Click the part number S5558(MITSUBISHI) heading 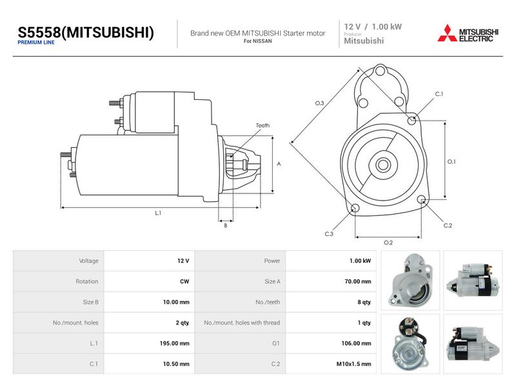coord(86,32)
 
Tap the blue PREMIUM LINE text coord(36,43)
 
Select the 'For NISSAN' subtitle coord(257,41)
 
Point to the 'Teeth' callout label coord(263,125)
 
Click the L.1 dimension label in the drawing coord(158,213)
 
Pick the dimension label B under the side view coord(225,226)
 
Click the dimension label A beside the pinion coord(279,164)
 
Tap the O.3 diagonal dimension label coord(319,103)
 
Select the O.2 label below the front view coord(388,243)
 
